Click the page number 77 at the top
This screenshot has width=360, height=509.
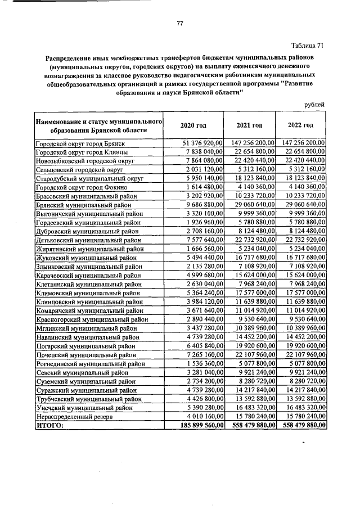coord(180,23)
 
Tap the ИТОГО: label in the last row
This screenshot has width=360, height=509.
coord(50,426)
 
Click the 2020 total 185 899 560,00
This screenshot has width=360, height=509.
coord(196,426)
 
